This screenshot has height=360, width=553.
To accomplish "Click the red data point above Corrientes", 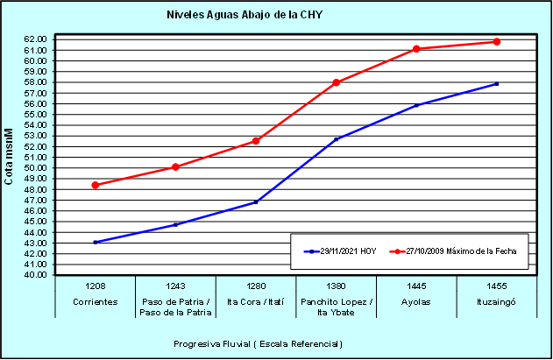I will click(x=95, y=185).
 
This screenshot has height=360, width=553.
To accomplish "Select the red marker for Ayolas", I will click(x=416, y=49).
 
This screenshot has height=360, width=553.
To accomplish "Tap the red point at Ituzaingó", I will click(x=497, y=42).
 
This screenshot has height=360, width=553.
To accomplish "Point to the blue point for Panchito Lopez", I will click(x=337, y=139).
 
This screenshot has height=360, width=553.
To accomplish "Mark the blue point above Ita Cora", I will click(x=256, y=201).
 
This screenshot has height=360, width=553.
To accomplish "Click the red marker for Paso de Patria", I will click(x=175, y=166).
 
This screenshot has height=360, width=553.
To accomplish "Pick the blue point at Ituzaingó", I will click(x=497, y=84).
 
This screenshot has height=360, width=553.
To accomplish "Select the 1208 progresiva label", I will click(x=95, y=286).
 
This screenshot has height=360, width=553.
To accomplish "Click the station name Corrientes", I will click(x=95, y=300).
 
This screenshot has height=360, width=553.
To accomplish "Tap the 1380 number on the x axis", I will click(x=337, y=286).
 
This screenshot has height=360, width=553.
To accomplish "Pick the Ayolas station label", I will click(x=416, y=300).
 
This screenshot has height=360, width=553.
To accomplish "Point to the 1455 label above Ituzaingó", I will click(x=497, y=286).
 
